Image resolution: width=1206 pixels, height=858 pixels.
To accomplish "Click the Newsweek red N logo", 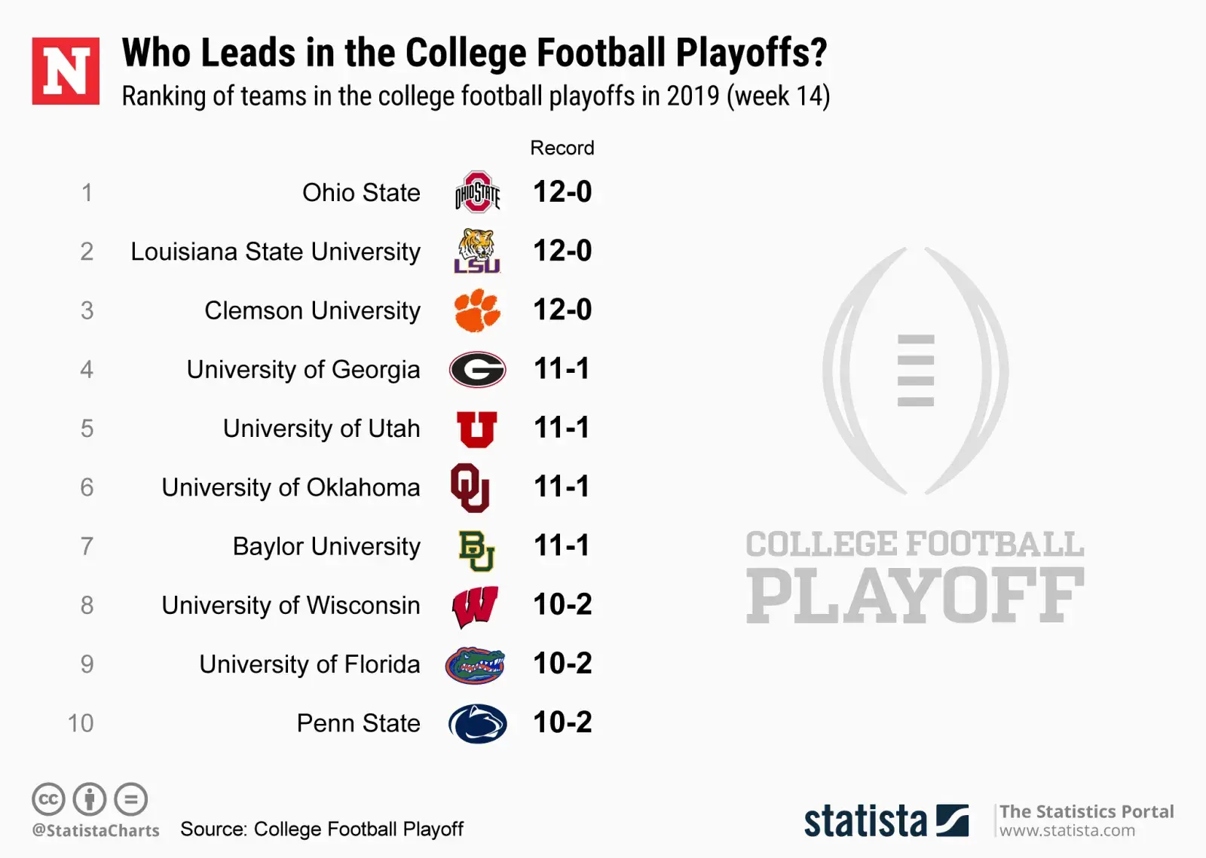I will click(x=66, y=71).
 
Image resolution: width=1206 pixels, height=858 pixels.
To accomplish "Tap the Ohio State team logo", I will click(x=477, y=192).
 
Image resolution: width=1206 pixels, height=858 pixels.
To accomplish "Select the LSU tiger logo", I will click(x=477, y=251).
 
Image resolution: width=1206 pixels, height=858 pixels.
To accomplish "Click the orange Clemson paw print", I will click(x=477, y=310).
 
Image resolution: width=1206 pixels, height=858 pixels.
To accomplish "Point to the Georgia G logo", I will click(x=477, y=369).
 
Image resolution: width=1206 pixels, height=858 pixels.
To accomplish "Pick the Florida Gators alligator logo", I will click(x=475, y=664).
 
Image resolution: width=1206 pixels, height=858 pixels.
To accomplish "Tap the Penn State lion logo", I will click(x=477, y=723).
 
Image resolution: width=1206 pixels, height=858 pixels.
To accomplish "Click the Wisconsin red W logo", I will click(x=475, y=606).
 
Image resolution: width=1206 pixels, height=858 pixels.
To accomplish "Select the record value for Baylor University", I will click(x=562, y=545).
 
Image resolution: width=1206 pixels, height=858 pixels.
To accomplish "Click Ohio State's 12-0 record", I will click(x=562, y=192).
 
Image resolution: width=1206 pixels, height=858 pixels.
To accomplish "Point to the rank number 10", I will click(x=81, y=723).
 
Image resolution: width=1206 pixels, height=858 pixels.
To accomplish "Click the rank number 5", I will click(x=87, y=429).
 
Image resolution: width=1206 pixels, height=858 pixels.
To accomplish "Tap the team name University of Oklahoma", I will click(x=291, y=487).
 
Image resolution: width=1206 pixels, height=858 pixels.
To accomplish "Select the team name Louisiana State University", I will click(x=275, y=252).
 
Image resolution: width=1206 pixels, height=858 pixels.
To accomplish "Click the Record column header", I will click(x=562, y=148).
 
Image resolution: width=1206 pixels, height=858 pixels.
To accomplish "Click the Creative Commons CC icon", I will click(x=48, y=799).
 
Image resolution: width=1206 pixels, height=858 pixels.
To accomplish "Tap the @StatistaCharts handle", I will click(x=96, y=830).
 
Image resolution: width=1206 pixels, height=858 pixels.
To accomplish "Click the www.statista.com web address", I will click(x=1067, y=830).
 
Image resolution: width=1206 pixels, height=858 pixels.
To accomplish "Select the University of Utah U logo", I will click(x=476, y=429).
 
